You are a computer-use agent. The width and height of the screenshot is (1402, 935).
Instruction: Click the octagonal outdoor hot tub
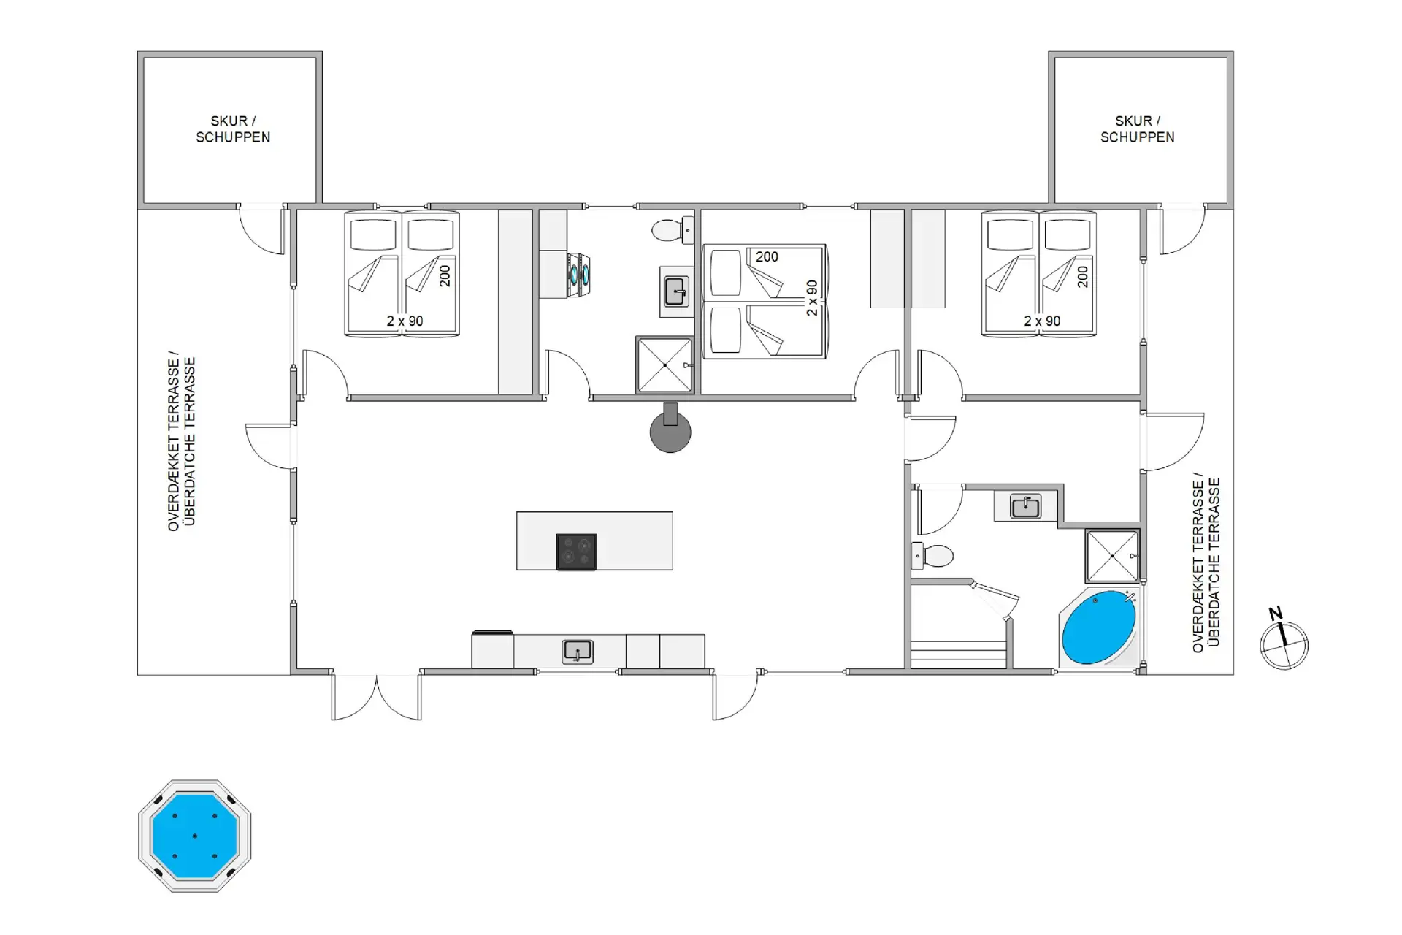pos(194,836)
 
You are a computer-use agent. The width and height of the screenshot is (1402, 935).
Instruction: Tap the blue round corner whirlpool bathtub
pos(1098,627)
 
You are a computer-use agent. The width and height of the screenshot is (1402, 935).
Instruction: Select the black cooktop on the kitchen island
pos(576,552)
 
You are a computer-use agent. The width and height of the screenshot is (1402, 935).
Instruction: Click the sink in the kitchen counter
pos(577,652)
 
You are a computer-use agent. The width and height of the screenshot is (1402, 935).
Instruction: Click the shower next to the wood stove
pos(664,365)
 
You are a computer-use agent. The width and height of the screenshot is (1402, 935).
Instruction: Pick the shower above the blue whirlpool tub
pos(1112,556)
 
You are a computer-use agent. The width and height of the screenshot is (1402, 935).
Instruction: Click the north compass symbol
pos(1284,640)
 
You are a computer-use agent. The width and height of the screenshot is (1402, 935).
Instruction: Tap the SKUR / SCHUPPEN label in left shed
pos(233,129)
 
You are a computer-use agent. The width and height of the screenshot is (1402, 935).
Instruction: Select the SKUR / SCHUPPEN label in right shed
pos(1138,129)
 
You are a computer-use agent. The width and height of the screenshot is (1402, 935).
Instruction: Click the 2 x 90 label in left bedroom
pos(405,321)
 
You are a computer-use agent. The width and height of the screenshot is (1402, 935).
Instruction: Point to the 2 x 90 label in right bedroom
pos(1042,321)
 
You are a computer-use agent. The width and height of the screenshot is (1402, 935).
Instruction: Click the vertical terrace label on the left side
pos(182,441)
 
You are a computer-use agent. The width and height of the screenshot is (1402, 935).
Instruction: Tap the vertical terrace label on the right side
pos(1206,562)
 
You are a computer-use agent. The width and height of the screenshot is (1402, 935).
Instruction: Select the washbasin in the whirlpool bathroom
pos(1025,505)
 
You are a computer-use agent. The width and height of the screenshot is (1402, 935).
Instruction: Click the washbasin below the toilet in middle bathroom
pos(676,291)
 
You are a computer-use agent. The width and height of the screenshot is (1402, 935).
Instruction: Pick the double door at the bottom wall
pos(377,697)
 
